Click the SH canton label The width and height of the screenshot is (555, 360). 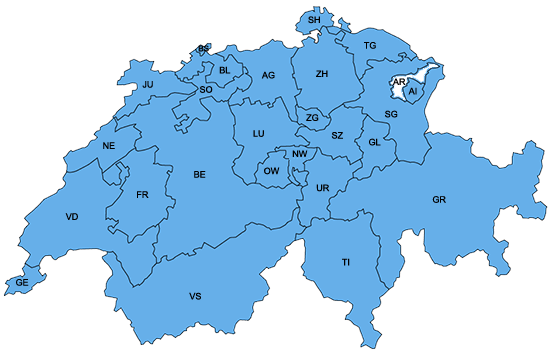[x=314, y=20]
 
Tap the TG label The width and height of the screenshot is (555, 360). [x=370, y=46]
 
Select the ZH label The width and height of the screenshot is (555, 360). [x=322, y=74]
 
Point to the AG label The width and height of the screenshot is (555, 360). [x=268, y=75]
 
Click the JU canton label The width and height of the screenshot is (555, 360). [x=147, y=85]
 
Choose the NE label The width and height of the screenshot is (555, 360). [x=110, y=146]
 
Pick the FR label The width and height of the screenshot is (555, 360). [x=142, y=194]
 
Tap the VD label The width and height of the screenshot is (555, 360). [x=71, y=217]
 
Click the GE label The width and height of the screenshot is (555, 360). [x=22, y=284]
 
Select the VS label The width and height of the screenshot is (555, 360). [x=195, y=297]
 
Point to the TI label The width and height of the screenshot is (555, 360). [x=346, y=262]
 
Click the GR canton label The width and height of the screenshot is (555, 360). [x=439, y=200]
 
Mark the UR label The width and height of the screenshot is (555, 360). [x=322, y=188]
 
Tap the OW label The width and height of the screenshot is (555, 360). [x=270, y=172]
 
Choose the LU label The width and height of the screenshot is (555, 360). [x=258, y=133]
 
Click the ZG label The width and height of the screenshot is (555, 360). [x=312, y=118]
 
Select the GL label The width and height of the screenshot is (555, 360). [x=375, y=142]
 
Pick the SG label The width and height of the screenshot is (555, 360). [x=391, y=116]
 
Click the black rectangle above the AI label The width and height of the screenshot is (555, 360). [x=400, y=80]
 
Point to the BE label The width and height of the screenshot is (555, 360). [x=199, y=175]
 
